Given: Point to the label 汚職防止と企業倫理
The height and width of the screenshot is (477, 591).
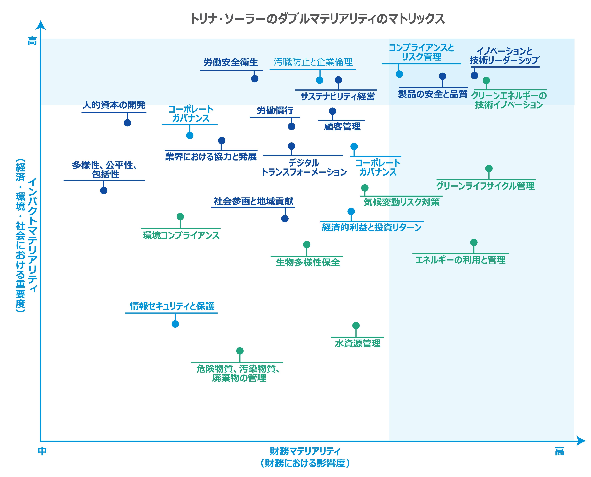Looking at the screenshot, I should (313, 62).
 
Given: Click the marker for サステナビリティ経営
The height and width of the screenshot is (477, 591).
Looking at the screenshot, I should (338, 80).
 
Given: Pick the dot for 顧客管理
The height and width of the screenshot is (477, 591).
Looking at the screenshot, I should (333, 111).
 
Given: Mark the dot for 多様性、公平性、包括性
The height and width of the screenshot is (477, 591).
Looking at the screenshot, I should (104, 190).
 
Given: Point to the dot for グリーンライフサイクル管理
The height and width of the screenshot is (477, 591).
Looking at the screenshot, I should (489, 168).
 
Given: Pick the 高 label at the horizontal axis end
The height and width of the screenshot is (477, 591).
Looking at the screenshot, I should (559, 451).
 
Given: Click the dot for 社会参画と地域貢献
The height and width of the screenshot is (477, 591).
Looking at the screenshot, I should (285, 219).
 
